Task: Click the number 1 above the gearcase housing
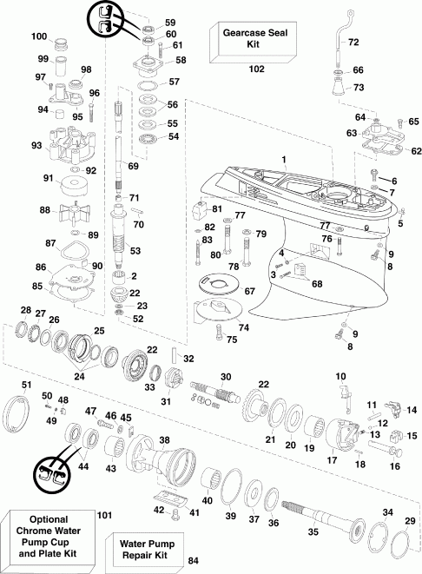282,158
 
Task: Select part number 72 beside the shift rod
353,42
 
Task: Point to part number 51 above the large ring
26,385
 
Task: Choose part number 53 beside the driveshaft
135,251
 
